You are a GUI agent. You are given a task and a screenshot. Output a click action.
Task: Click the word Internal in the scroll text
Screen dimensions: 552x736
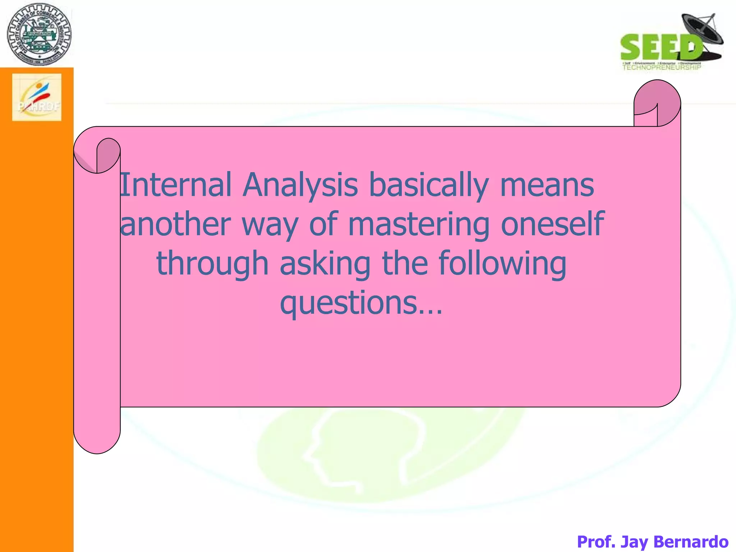point(175,185)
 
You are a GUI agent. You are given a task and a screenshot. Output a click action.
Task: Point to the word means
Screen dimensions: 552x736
point(547,186)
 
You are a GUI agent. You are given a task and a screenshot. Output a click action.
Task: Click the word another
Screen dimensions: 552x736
point(175,224)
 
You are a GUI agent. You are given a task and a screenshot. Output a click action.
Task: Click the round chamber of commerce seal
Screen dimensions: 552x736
point(39,34)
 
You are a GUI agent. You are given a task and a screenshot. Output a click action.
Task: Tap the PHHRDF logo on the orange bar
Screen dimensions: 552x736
point(37,97)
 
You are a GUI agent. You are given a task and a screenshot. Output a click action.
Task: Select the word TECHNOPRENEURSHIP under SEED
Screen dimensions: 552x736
point(661,67)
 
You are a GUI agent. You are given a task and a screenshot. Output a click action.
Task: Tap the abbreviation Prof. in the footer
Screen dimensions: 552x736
point(597,541)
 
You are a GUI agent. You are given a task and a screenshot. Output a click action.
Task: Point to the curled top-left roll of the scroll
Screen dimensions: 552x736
point(97,155)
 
